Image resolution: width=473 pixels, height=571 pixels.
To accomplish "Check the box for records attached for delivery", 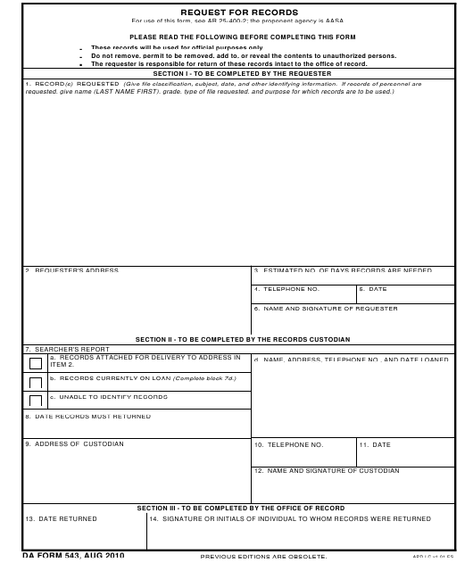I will [x=36, y=363].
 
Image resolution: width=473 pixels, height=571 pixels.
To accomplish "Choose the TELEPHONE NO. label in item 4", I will [x=286, y=289].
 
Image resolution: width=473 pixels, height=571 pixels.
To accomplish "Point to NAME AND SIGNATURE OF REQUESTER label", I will [x=312, y=309].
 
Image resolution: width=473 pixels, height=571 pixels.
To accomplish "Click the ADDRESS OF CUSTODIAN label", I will [x=74, y=443].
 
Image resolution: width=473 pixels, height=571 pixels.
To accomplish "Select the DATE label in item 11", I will [x=376, y=443].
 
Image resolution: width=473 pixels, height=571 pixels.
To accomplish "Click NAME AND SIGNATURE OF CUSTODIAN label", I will [x=327, y=470].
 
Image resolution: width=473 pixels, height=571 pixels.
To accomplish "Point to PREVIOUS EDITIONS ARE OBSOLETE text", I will [x=257, y=557].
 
